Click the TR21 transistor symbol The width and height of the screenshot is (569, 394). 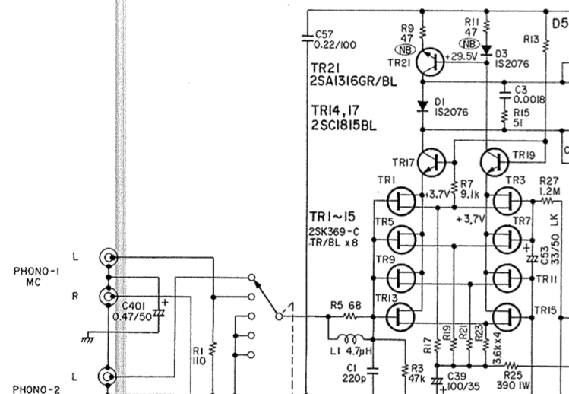(x=430, y=62)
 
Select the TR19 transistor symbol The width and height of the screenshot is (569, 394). (x=495, y=163)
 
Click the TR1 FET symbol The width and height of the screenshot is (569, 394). (x=401, y=201)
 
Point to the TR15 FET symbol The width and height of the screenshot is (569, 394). (x=507, y=317)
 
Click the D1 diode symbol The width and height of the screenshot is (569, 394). (x=422, y=106)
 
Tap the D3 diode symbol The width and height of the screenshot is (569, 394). (x=486, y=49)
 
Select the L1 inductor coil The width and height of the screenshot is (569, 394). (x=349, y=338)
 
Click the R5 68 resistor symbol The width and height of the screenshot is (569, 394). (x=349, y=317)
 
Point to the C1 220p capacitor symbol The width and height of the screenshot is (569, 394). (x=373, y=371)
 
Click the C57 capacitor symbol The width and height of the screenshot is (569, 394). (x=308, y=38)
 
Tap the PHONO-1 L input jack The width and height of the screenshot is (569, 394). (x=108, y=258)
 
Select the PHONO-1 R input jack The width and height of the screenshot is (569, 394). (x=108, y=297)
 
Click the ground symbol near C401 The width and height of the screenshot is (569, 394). (x=87, y=339)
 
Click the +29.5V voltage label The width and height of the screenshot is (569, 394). (x=461, y=57)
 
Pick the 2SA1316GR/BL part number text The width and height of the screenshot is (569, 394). (x=353, y=81)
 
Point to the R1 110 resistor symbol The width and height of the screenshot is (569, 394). (x=213, y=348)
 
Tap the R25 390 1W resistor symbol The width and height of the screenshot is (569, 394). (x=511, y=366)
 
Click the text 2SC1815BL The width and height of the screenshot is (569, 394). (x=344, y=126)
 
